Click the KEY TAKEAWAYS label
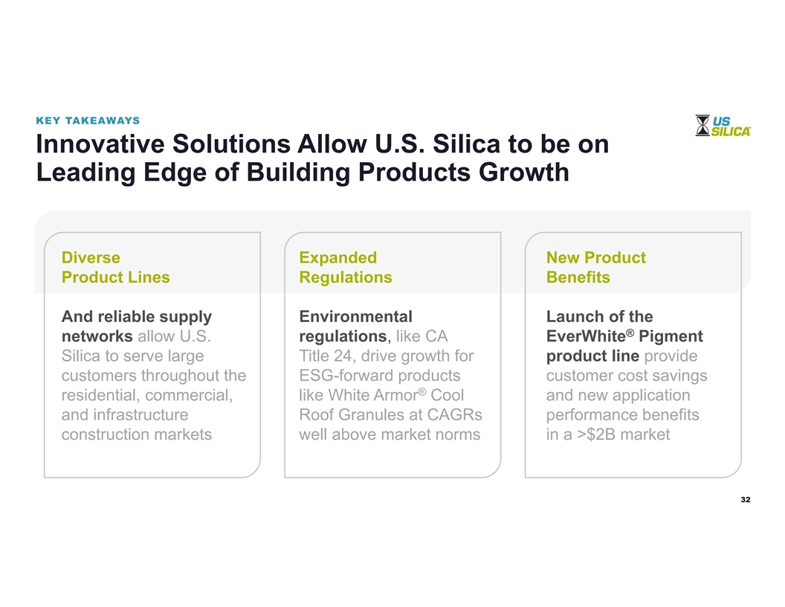click(x=88, y=121)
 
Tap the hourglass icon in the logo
click(x=702, y=125)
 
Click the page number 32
click(x=746, y=499)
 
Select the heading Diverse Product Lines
click(x=116, y=267)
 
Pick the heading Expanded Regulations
click(x=346, y=267)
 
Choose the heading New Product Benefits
click(x=595, y=267)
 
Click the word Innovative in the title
click(x=100, y=144)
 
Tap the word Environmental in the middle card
click(x=355, y=317)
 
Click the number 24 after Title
click(x=343, y=356)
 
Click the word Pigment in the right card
click(x=671, y=336)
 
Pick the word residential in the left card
click(x=101, y=395)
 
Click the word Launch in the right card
click(x=571, y=317)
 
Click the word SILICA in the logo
click(x=731, y=131)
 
